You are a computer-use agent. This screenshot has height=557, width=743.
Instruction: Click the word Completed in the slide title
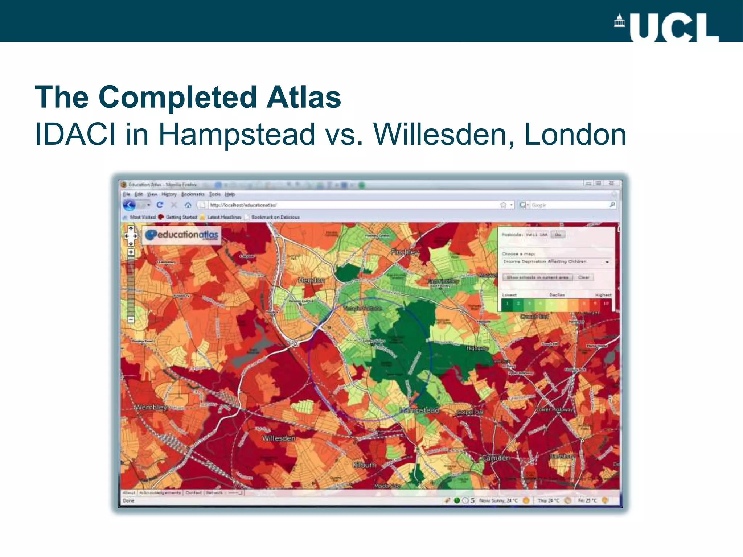[178, 97]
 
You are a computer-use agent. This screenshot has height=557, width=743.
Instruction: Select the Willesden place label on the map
[279, 438]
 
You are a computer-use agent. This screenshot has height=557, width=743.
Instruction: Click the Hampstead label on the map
[419, 410]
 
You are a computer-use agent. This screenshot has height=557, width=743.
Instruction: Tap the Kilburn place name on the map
[365, 465]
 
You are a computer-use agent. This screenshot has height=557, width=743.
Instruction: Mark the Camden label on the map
[496, 458]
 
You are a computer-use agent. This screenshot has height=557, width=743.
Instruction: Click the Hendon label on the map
[311, 280]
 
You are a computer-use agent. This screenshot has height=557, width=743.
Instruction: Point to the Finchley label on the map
[405, 252]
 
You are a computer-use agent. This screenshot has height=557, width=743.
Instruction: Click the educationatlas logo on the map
[182, 235]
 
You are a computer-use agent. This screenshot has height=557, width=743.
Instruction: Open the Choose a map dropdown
[557, 262]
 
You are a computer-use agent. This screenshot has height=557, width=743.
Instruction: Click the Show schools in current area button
[538, 277]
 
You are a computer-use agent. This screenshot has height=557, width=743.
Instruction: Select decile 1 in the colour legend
[507, 304]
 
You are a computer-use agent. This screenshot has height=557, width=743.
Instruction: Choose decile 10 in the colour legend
[606, 304]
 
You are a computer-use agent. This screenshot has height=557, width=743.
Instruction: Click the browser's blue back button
[129, 205]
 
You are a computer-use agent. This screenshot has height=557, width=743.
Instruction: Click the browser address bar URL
[243, 205]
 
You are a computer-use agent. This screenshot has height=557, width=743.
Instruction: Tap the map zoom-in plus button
[131, 252]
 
